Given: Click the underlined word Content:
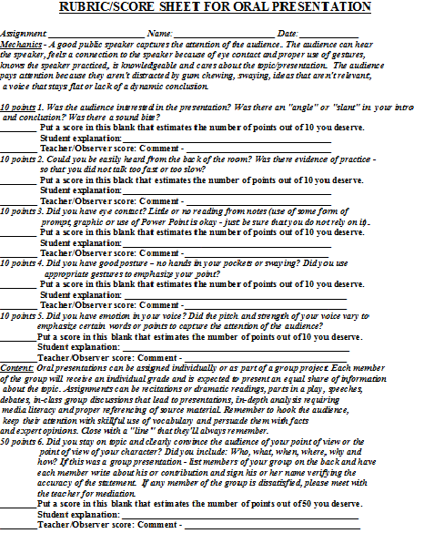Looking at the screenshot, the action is point(18,367).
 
